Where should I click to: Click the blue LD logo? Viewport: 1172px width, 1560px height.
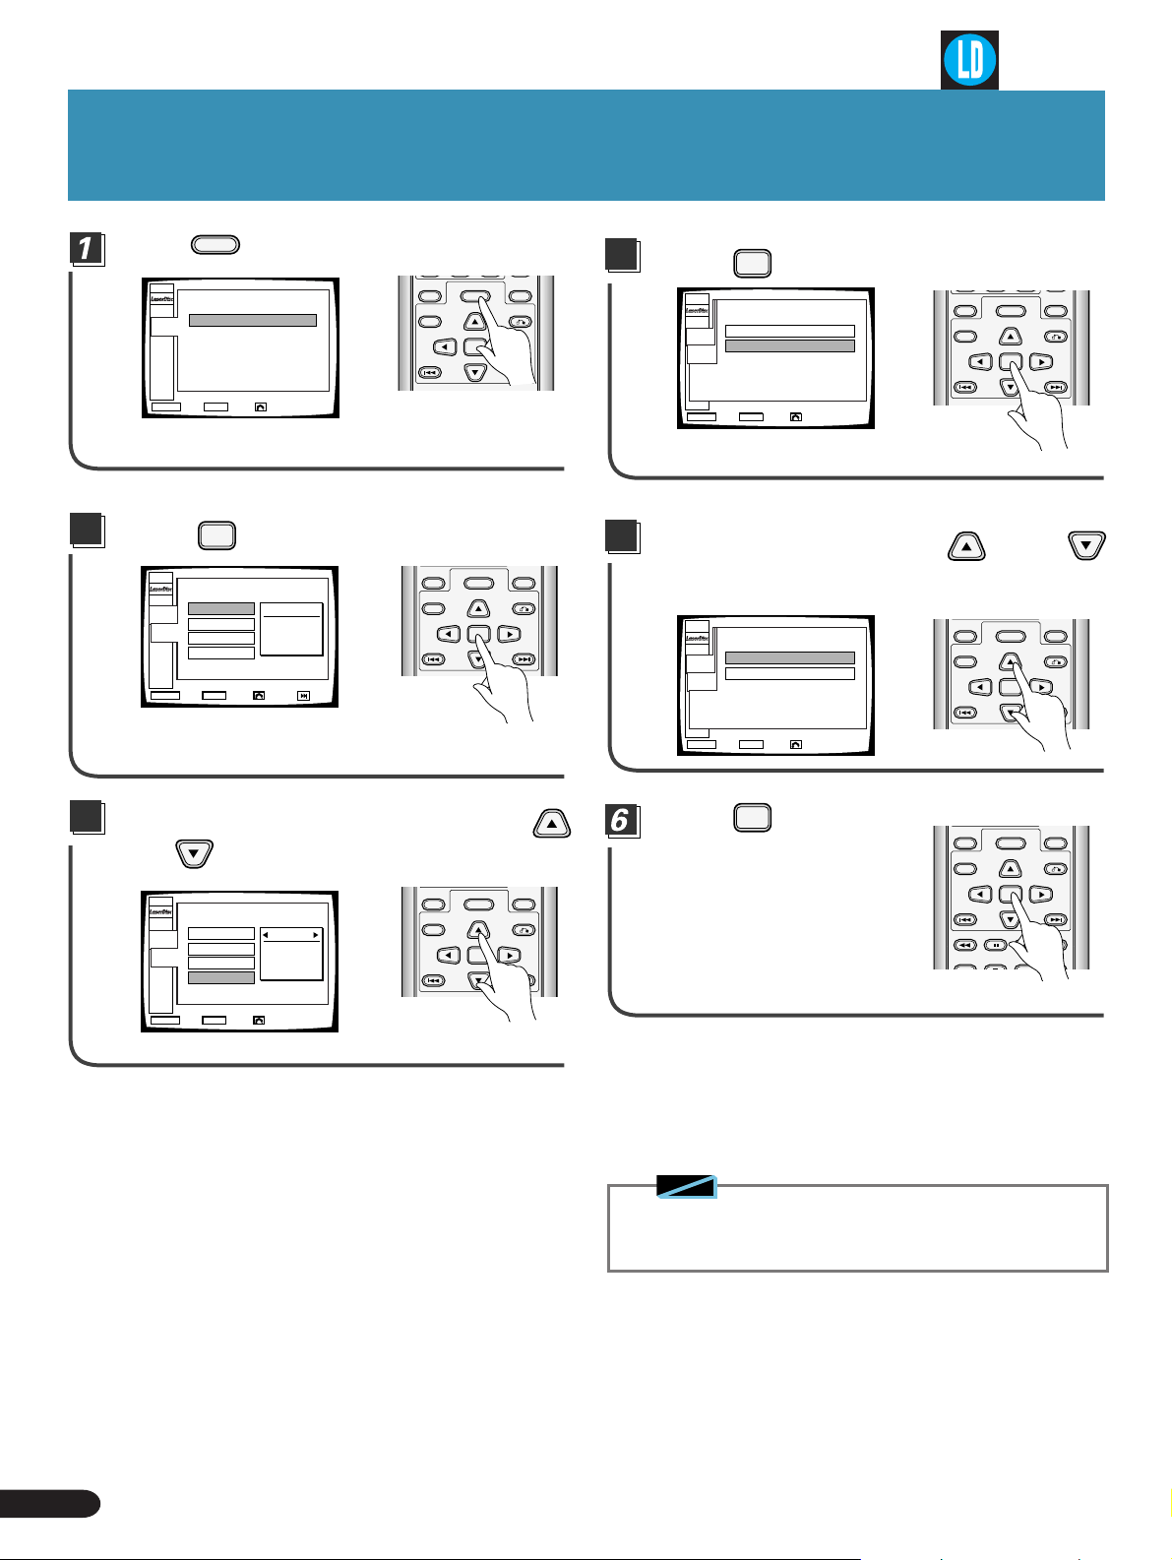(x=969, y=60)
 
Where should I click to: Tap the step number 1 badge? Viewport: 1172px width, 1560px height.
(x=88, y=248)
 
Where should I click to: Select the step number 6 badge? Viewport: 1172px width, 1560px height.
(x=621, y=820)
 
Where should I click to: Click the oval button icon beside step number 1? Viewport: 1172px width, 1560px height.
(x=216, y=245)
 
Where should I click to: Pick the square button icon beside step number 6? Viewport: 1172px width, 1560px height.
(x=753, y=818)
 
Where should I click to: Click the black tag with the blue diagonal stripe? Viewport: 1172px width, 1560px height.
(x=687, y=1186)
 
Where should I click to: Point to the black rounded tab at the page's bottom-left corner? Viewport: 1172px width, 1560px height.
(x=49, y=1503)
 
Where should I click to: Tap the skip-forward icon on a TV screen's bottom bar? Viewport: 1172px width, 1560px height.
(x=304, y=696)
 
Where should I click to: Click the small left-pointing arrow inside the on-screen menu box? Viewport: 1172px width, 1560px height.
(x=266, y=935)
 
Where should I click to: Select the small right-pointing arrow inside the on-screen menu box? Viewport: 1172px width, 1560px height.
(x=315, y=935)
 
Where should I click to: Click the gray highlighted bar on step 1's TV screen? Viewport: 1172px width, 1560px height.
(x=253, y=320)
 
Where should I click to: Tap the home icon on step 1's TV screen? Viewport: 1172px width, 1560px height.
(x=260, y=406)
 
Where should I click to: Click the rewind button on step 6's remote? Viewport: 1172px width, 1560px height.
(x=965, y=945)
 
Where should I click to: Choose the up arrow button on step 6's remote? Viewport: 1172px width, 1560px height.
(x=1011, y=869)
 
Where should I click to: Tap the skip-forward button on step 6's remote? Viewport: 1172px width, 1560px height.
(x=1056, y=919)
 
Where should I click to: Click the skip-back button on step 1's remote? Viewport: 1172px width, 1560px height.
(x=430, y=372)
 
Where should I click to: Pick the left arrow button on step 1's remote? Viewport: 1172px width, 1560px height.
(x=446, y=346)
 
